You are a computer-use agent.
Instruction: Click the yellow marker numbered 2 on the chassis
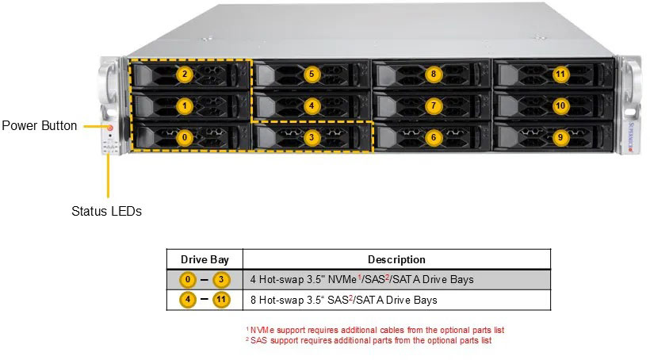[x=184, y=75]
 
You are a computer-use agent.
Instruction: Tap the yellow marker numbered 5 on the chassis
[x=312, y=75]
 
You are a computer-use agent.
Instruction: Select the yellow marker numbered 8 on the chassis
[x=433, y=75]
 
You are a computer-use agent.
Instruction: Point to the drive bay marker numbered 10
[x=560, y=105]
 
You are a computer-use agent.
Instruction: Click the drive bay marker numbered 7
[x=433, y=105]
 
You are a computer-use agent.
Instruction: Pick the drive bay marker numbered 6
[x=433, y=137]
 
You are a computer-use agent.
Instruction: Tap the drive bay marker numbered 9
[x=560, y=137]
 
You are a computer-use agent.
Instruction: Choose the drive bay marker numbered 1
[x=184, y=105]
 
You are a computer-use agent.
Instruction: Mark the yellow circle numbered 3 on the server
[x=312, y=137]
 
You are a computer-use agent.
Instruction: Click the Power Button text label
[x=40, y=125]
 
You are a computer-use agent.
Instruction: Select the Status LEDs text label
[x=106, y=211]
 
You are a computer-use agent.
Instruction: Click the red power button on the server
[x=110, y=126]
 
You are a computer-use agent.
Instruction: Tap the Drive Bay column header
[x=205, y=259]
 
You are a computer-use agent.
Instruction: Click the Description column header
[x=396, y=259]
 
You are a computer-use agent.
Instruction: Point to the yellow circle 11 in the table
[x=220, y=300]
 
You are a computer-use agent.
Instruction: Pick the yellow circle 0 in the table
[x=187, y=279]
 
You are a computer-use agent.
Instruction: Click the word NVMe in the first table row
[x=344, y=280]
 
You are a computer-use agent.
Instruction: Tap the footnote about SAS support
[x=369, y=340]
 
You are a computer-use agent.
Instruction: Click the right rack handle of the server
[x=631, y=103]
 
